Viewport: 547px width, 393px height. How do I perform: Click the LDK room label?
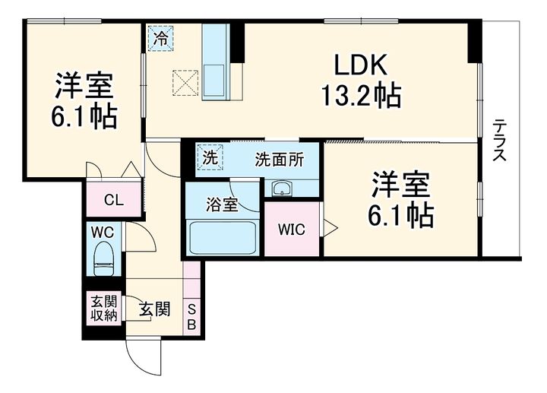361,65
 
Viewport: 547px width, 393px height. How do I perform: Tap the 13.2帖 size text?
361,96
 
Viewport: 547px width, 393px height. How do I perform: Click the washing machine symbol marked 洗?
210,158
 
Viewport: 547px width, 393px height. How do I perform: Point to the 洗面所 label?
279,160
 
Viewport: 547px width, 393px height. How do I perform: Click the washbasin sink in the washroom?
282,189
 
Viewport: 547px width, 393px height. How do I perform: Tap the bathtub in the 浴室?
223,238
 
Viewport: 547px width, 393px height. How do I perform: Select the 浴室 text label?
222,205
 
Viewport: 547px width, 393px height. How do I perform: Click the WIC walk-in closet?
292,229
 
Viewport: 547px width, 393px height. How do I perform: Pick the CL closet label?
114,201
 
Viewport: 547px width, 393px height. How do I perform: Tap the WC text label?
103,232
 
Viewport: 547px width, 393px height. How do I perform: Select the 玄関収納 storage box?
104,309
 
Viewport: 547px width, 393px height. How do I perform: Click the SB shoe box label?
191,317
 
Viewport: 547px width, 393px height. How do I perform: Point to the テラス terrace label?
500,141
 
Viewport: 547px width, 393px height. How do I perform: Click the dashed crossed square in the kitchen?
185,83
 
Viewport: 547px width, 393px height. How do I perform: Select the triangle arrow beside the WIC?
330,228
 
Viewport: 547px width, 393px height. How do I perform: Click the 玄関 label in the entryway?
154,309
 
